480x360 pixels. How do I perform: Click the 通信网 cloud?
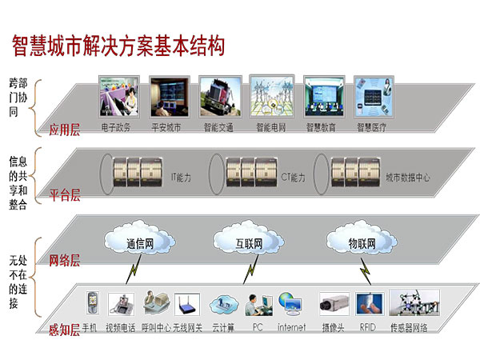pos(139,242)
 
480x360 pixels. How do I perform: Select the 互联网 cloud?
pos(248,239)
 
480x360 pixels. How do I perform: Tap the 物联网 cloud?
pos(362,242)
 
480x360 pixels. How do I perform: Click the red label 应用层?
pos(65,130)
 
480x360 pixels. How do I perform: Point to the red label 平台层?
pos(65,194)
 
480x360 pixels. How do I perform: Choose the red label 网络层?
pos(65,260)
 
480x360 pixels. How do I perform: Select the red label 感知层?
pos(65,329)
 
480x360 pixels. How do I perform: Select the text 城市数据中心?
pos(407,177)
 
